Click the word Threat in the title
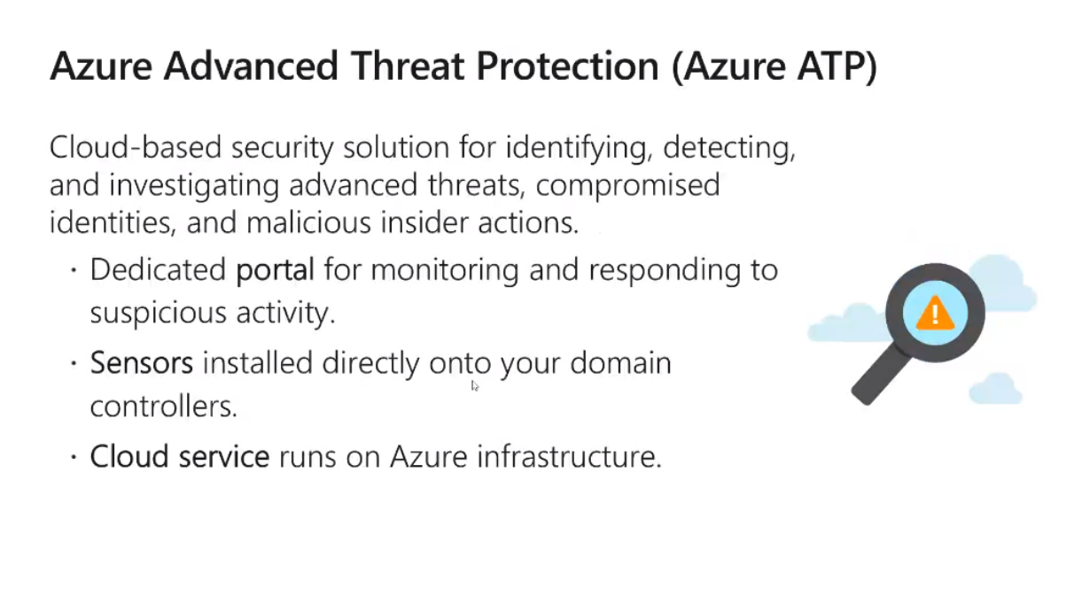click(x=408, y=66)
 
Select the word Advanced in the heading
click(x=251, y=66)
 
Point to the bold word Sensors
click(x=142, y=363)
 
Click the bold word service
click(x=224, y=456)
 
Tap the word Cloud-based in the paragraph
click(x=136, y=147)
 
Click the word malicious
click(x=308, y=223)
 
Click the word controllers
click(x=164, y=407)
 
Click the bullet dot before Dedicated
click(x=74, y=270)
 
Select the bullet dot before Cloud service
click(x=74, y=457)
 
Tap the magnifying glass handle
click(x=880, y=375)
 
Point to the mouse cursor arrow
click(x=475, y=386)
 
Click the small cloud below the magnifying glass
click(x=996, y=389)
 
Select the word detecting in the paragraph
click(x=729, y=148)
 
